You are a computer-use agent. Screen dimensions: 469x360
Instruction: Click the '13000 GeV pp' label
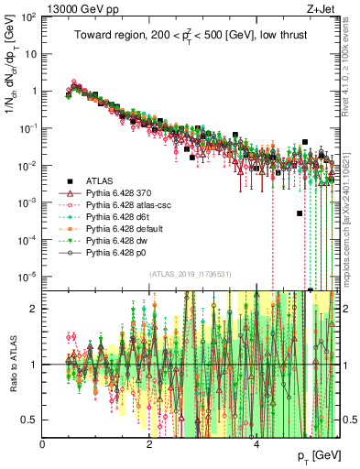click(x=74, y=7)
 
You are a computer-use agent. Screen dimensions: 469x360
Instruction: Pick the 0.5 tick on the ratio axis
click(x=31, y=420)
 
